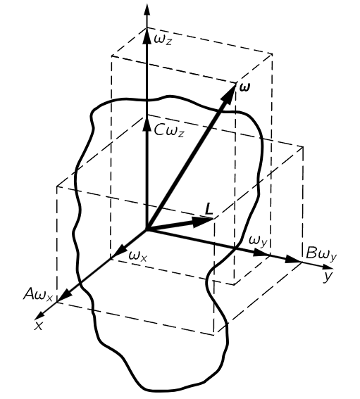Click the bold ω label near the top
(x=245, y=87)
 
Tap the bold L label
(x=209, y=210)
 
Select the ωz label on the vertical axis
(x=163, y=40)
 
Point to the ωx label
(x=138, y=256)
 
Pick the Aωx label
(x=38, y=295)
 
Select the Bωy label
(x=321, y=254)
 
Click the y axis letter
(x=328, y=277)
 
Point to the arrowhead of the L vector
(x=203, y=222)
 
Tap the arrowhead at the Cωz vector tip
(x=147, y=123)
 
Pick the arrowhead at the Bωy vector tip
(x=294, y=260)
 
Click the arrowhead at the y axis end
(x=328, y=267)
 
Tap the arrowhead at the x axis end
(x=39, y=315)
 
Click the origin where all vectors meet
(x=147, y=230)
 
